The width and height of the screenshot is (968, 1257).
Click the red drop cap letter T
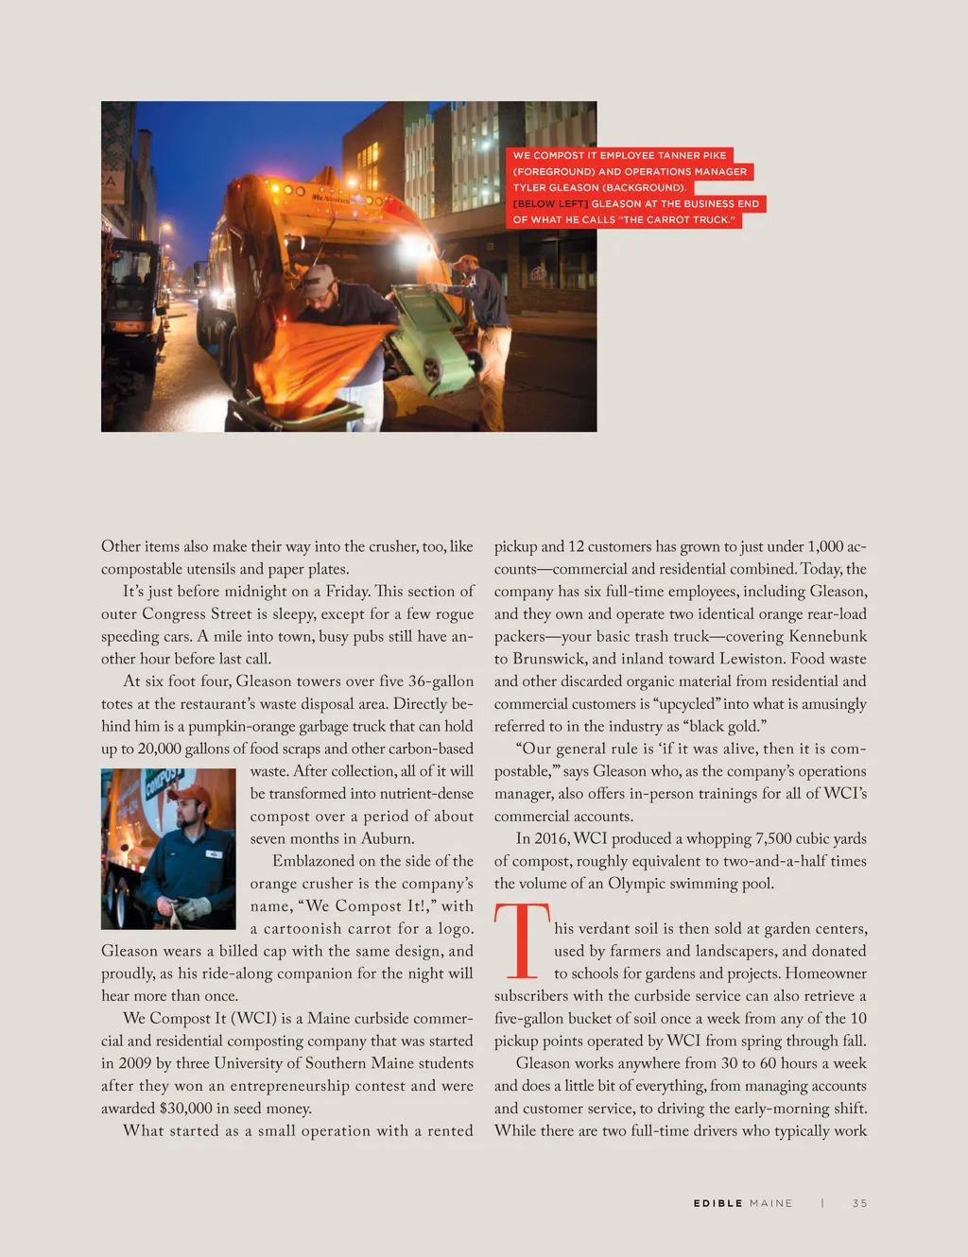point(521,941)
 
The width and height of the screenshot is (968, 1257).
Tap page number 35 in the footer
point(859,1203)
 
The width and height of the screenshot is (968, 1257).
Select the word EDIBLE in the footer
point(717,1203)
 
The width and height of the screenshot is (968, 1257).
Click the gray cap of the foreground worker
point(319,276)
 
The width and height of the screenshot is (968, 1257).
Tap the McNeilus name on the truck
point(330,198)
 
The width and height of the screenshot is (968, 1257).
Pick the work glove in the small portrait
point(193,909)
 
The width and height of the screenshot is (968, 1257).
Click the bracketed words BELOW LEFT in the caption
point(550,204)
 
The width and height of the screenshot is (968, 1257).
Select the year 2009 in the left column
point(135,1063)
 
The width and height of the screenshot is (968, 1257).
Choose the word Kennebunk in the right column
point(827,636)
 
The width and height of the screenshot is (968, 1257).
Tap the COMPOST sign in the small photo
point(162,783)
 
